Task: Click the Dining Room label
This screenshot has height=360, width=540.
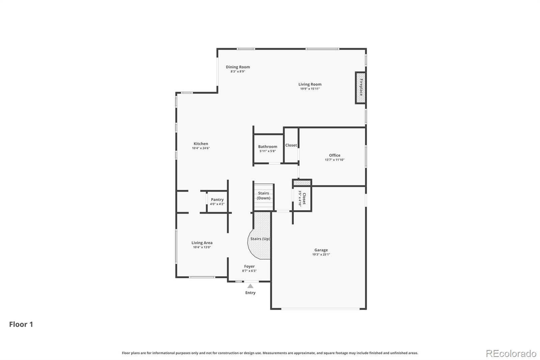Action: click(238, 67)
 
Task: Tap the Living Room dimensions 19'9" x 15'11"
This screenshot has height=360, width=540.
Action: click(310, 89)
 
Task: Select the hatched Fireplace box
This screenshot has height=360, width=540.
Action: click(361, 88)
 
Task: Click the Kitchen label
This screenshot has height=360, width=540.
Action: click(201, 144)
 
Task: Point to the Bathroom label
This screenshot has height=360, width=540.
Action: click(268, 147)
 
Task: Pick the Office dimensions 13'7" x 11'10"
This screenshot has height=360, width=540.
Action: click(334, 160)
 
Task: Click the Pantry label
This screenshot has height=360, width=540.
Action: click(217, 200)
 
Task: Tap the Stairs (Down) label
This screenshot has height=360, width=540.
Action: click(264, 196)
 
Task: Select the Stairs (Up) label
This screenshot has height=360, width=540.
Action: click(260, 239)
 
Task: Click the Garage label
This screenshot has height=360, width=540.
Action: click(321, 250)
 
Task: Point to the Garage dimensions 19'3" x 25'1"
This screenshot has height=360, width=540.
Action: click(321, 254)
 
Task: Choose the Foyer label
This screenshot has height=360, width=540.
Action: click(249, 266)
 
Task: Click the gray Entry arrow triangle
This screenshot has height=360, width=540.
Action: click(250, 286)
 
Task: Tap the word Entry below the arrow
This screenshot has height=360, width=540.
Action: click(250, 293)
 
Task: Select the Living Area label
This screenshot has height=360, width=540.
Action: click(202, 243)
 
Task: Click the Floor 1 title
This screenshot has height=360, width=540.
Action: click(21, 324)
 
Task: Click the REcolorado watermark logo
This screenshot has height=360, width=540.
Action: click(511, 354)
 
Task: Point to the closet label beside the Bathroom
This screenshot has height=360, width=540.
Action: click(291, 145)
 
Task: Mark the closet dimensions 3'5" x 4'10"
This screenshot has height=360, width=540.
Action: click(300, 199)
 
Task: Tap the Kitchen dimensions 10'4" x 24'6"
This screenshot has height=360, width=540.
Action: click(201, 148)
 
